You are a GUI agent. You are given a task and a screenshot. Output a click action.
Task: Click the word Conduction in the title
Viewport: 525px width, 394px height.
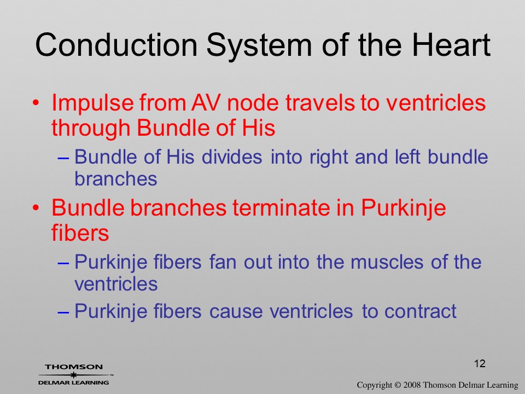click(116, 44)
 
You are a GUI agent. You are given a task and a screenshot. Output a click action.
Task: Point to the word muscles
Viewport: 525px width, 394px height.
click(387, 262)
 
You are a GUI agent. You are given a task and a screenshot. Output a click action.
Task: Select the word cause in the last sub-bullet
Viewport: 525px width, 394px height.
click(236, 312)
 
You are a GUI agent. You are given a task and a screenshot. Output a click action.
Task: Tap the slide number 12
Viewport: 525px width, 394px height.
click(480, 363)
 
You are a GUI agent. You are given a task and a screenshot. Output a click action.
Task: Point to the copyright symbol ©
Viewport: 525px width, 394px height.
click(398, 385)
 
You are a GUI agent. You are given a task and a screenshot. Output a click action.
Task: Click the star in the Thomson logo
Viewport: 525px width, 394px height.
click(74, 375)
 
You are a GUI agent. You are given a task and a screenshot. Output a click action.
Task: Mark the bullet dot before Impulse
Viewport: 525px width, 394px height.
click(36, 103)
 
